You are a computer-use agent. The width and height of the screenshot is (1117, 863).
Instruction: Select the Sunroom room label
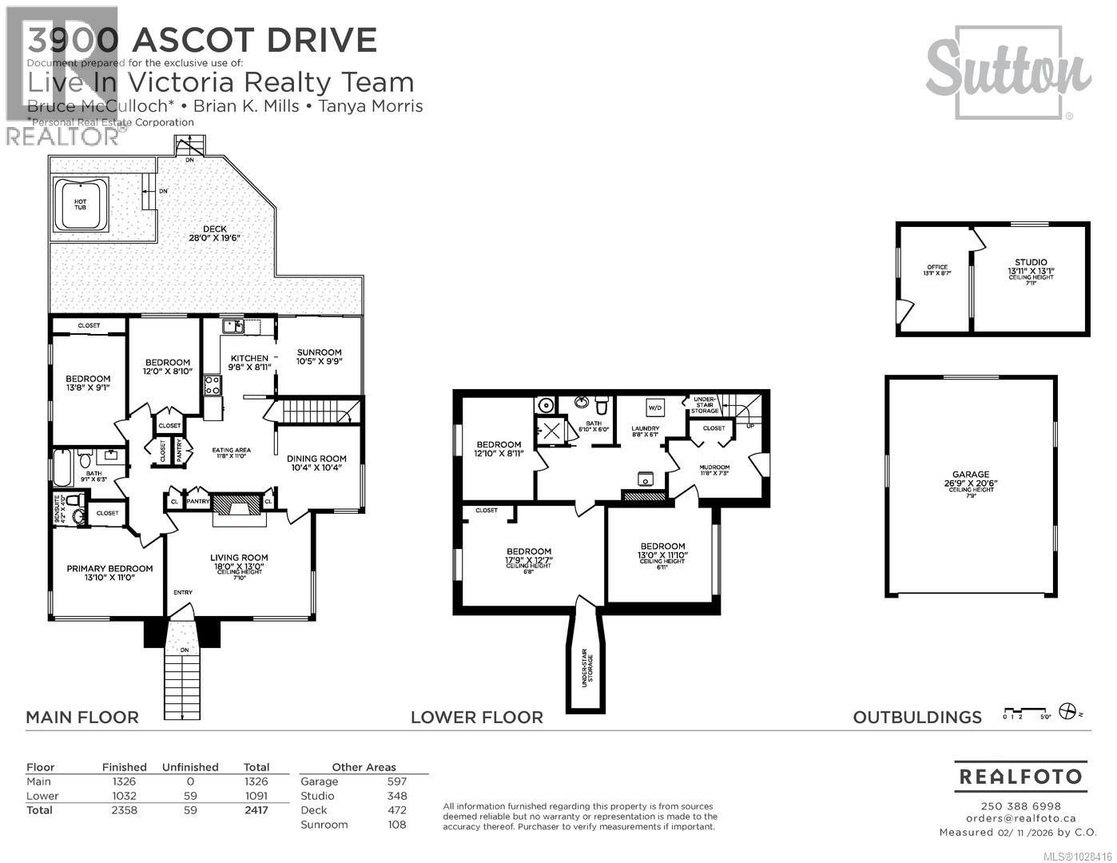tap(319, 352)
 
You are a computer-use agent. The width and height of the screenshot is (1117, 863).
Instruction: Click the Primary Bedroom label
tap(109, 569)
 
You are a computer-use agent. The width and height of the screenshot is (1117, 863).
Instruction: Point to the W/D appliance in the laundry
tap(655, 407)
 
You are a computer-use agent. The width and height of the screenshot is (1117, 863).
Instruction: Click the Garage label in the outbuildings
tap(970, 474)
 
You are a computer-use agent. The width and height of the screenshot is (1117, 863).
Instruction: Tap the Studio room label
tap(1031, 262)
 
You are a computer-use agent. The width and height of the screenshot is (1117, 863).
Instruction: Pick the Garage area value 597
tap(396, 781)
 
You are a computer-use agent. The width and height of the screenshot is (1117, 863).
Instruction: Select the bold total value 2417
tap(256, 810)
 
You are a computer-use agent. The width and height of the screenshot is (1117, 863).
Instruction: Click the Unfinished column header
tap(190, 767)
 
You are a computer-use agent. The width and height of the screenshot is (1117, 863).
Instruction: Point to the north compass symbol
tap(1067, 711)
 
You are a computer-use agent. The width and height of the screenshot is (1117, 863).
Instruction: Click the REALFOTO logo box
tap(1020, 777)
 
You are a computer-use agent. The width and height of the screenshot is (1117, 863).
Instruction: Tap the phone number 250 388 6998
tap(1020, 805)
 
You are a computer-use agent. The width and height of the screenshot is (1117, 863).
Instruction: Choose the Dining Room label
tap(316, 459)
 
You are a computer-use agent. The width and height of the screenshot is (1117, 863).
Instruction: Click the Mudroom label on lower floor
tap(714, 467)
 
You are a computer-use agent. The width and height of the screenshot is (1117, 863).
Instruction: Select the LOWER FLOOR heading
tap(476, 718)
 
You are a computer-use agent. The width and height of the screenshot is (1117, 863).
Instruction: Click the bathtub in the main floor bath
tap(63, 464)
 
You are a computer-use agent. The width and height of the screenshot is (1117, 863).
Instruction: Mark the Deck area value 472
tap(396, 810)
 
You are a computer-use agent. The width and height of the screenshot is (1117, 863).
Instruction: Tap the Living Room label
tap(239, 558)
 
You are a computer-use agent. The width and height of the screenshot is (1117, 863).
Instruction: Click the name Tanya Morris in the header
tap(371, 106)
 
